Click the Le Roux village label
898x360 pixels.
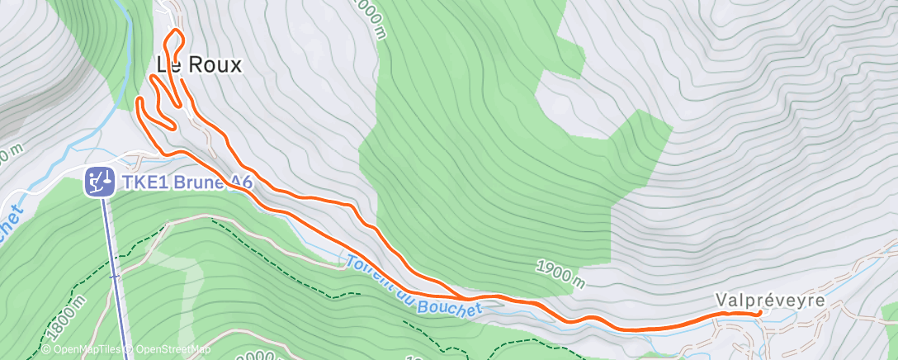click(199, 65)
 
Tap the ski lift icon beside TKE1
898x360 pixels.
click(100, 181)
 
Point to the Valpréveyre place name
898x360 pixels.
click(769, 300)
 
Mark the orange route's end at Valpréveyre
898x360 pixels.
click(758, 313)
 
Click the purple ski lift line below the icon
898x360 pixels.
click(116, 272)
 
